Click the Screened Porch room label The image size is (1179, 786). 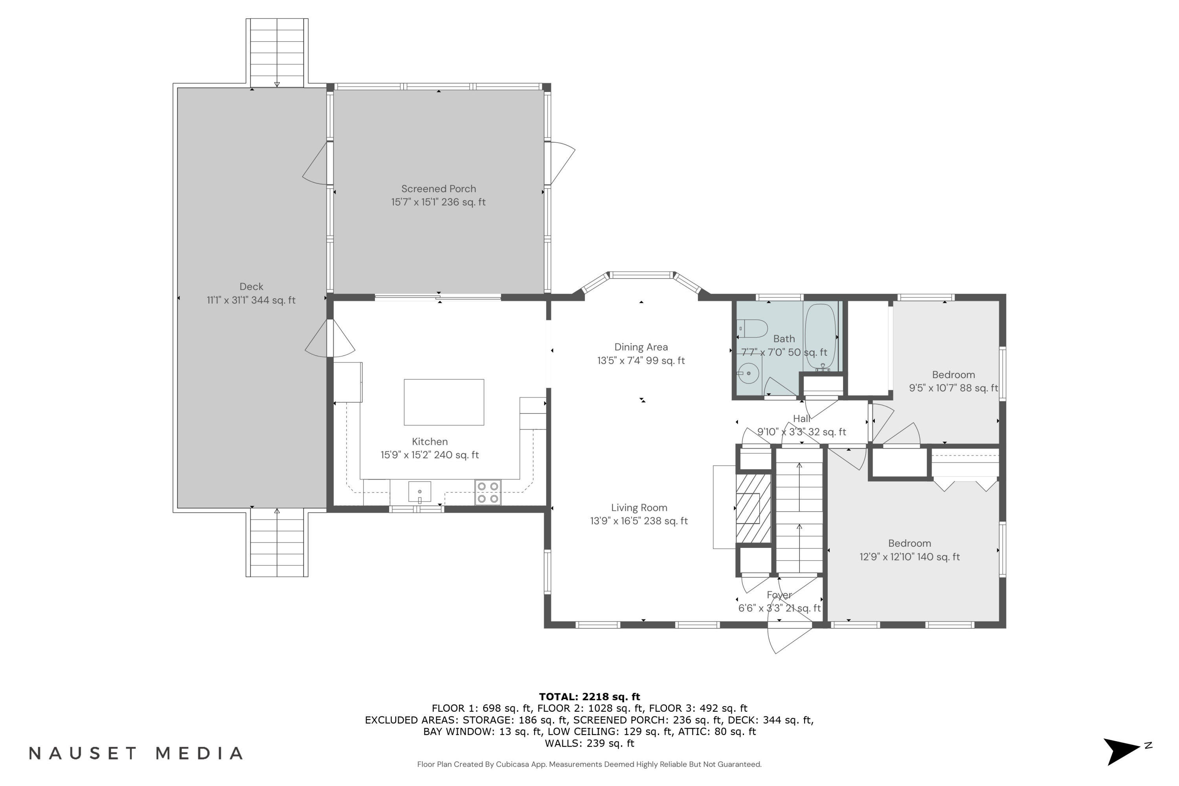tap(439, 195)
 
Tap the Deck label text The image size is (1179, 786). tap(251, 293)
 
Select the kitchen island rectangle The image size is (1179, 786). tap(444, 402)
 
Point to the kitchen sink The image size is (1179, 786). tap(420, 491)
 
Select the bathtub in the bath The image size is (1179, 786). tap(820, 337)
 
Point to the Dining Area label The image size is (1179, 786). tap(641, 353)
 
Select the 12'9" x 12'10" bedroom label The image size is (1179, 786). tap(910, 550)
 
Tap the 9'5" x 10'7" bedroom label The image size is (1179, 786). tap(953, 381)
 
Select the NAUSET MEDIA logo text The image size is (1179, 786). tap(136, 753)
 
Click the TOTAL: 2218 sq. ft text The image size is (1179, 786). tap(589, 696)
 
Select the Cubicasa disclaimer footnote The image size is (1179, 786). tap(589, 764)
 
